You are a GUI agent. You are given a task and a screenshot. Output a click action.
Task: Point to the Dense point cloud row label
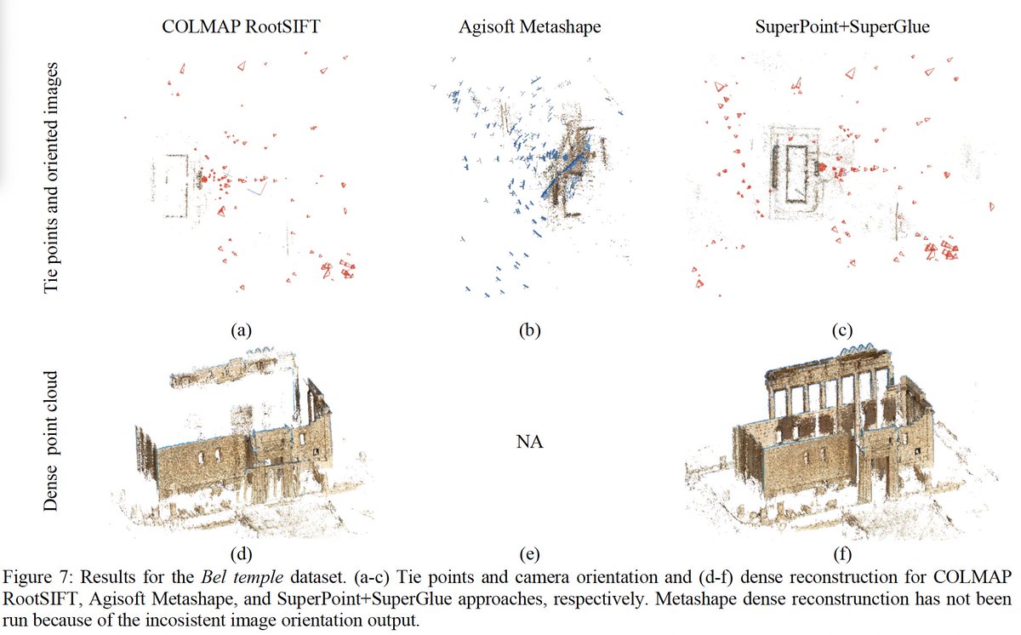pos(52,441)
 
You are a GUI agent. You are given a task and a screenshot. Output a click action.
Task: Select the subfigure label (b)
pos(530,330)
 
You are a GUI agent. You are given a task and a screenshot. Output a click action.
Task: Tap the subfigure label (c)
pos(843,330)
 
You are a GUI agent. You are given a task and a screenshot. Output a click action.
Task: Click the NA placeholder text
pos(530,443)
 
